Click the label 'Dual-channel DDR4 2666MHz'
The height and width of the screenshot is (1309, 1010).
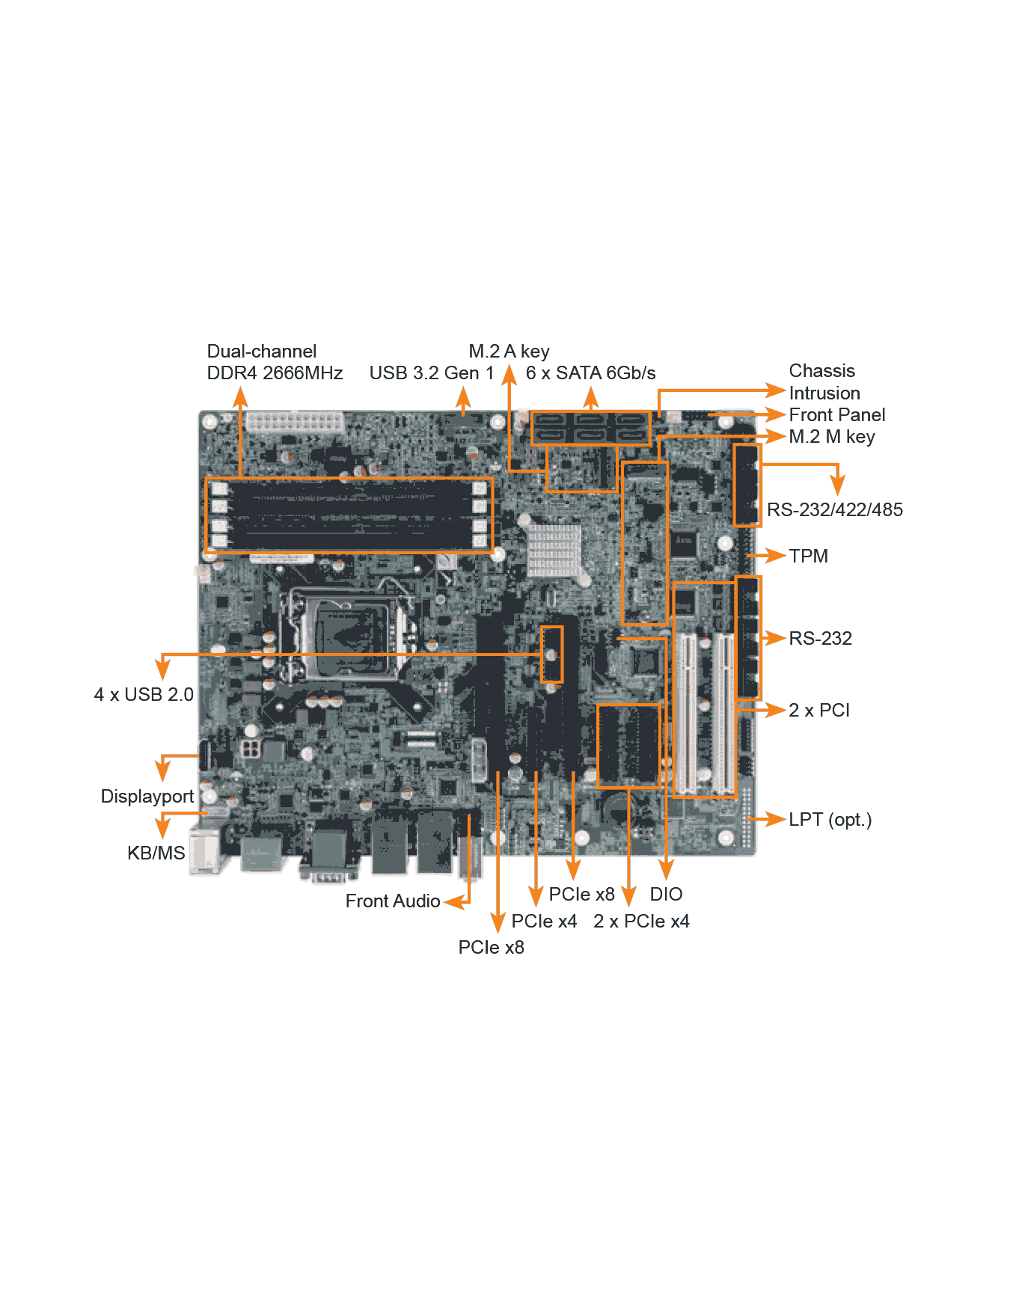click(275, 362)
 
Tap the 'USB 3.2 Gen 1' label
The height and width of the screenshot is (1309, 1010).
click(432, 373)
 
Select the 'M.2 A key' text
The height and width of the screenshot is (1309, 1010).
click(509, 352)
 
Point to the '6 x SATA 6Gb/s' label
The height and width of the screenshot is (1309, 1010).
click(590, 373)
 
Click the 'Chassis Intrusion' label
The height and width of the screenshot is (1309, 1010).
click(824, 381)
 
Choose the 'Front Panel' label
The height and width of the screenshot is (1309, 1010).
click(836, 414)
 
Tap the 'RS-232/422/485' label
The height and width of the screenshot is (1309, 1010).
click(834, 509)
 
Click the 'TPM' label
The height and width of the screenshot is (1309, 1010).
click(808, 556)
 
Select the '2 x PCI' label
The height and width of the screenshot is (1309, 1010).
click(819, 710)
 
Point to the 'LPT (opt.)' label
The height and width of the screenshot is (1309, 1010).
click(830, 820)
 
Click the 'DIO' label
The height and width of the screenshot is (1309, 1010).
click(666, 894)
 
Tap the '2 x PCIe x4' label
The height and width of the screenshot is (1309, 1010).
click(641, 921)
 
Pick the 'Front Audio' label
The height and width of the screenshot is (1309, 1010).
click(393, 901)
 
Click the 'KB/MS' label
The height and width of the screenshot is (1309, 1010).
click(156, 853)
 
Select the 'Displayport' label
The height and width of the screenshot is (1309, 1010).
click(147, 797)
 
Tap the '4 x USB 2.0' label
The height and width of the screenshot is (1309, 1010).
click(144, 695)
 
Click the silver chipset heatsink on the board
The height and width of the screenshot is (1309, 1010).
click(554, 550)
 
